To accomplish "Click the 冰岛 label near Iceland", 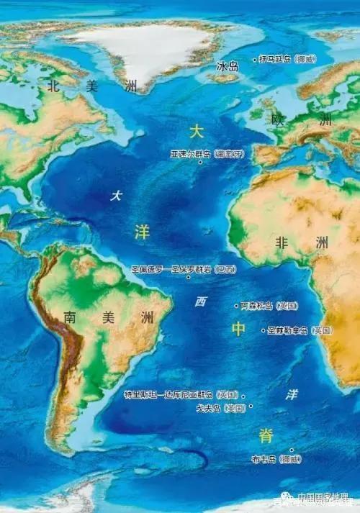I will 228,66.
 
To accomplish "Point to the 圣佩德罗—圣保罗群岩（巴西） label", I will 183,268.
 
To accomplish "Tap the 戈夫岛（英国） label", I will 220,408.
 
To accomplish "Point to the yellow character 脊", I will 266,435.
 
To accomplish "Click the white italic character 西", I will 201,302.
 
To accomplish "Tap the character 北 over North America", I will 53,86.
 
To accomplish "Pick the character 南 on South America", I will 70,317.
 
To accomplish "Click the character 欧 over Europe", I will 278,120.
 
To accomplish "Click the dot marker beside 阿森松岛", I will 236,306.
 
